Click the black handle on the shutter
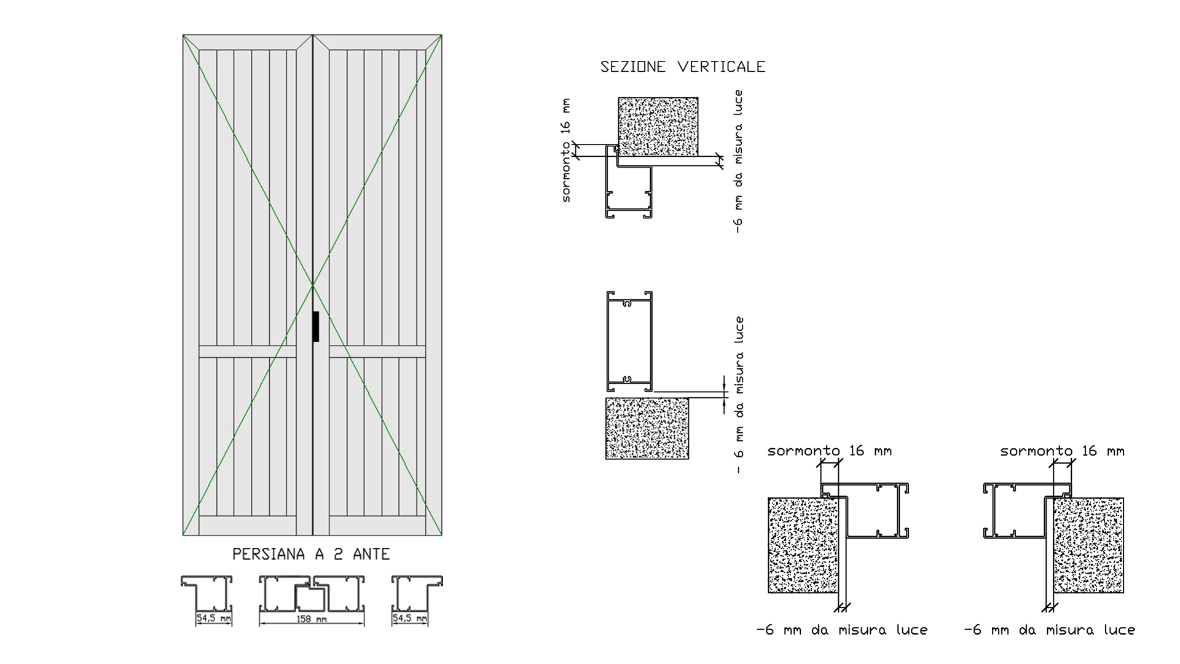point(316,326)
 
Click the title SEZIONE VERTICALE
point(683,67)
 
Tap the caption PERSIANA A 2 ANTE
point(311,554)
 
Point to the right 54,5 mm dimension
point(410,618)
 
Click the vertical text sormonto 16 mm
point(566,151)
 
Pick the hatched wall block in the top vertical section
point(658,126)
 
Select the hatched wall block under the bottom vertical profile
point(647,428)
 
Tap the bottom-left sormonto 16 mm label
point(830,451)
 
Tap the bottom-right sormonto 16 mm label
point(1063,451)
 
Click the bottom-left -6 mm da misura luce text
point(842,630)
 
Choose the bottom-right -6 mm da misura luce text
point(1050,630)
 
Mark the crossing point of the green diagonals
point(313,285)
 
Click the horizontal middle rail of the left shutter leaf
point(248,351)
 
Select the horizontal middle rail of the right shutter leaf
point(377,351)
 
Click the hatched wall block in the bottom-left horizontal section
point(803,545)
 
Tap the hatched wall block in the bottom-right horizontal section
point(1089,545)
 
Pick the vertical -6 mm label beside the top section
point(738,161)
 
